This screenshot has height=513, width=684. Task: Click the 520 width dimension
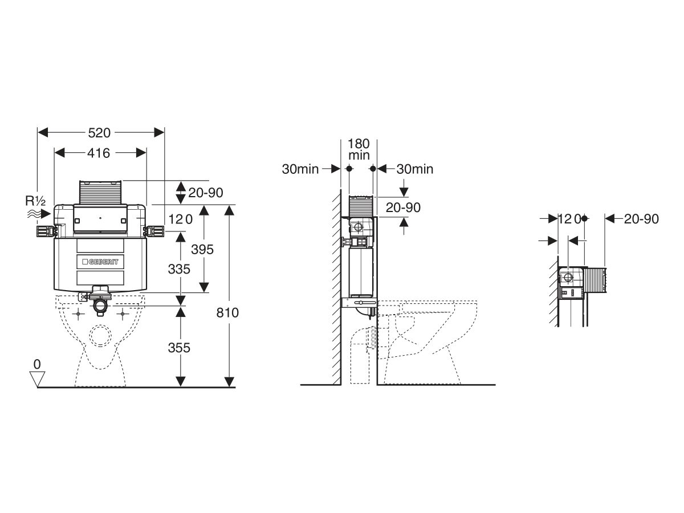(100, 132)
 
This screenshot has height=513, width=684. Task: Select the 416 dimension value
(99, 153)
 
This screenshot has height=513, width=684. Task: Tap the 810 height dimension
(228, 312)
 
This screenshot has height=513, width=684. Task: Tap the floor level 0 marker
(38, 364)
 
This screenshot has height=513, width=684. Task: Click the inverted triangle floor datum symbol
(38, 377)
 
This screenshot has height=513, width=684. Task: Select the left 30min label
(300, 169)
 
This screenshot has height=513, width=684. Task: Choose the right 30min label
(414, 169)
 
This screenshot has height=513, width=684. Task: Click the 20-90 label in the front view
(205, 193)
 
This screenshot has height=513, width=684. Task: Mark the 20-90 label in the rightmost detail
(641, 219)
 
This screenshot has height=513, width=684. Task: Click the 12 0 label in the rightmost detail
(568, 219)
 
